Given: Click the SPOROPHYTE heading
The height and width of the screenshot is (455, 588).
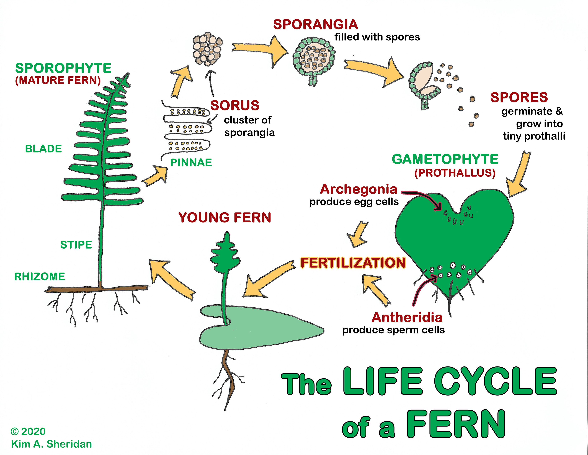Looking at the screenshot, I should click(x=63, y=68).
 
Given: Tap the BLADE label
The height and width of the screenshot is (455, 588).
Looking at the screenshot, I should click(x=43, y=149).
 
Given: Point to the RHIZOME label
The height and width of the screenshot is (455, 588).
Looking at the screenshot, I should click(x=40, y=277).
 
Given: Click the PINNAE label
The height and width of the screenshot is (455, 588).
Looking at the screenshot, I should click(x=191, y=163).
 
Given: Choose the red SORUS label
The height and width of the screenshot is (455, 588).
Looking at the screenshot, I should click(x=235, y=105).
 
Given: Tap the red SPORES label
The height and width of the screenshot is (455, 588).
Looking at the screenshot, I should click(x=519, y=97).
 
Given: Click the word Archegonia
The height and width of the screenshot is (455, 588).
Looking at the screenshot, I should click(x=359, y=189).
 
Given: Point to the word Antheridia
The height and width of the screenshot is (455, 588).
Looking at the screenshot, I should click(x=407, y=318).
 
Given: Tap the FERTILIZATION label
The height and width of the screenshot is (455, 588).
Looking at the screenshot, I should click(x=353, y=263).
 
